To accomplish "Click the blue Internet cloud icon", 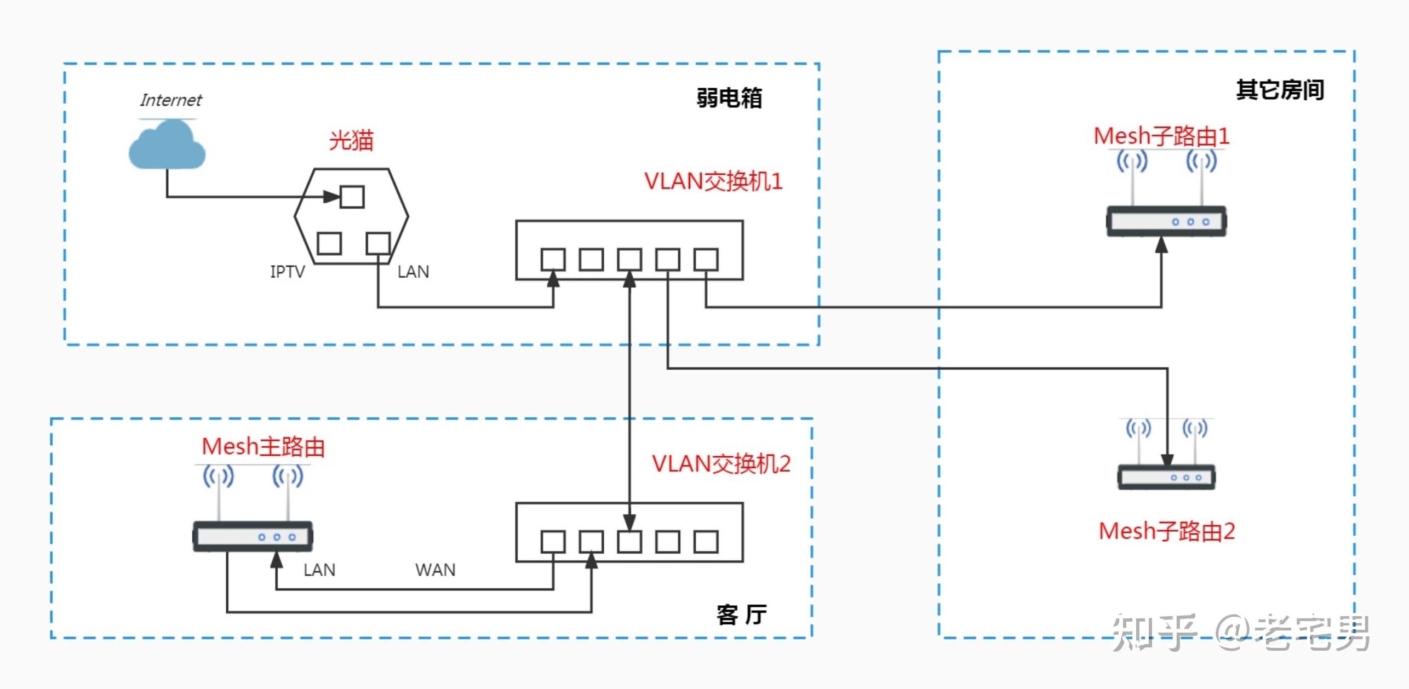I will (167, 146).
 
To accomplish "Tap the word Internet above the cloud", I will (170, 100).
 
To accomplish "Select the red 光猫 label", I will (351, 141).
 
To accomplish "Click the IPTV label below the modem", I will (288, 272).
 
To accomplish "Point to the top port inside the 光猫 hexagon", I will (352, 197).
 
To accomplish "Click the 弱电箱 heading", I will (729, 99).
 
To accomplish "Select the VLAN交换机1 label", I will (713, 182).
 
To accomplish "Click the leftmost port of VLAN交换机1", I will (553, 260).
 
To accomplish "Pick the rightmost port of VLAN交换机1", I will (706, 260).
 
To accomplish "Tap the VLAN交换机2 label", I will (721, 464).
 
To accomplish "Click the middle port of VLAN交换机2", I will (629, 542).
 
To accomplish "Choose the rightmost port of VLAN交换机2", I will (706, 542).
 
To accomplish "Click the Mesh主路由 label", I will (264, 447).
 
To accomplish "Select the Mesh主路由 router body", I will (253, 537).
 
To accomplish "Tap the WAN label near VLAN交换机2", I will (436, 570).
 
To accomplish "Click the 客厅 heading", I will (741, 615).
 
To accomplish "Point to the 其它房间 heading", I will (1280, 90).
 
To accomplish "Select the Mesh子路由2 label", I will (1167, 531).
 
